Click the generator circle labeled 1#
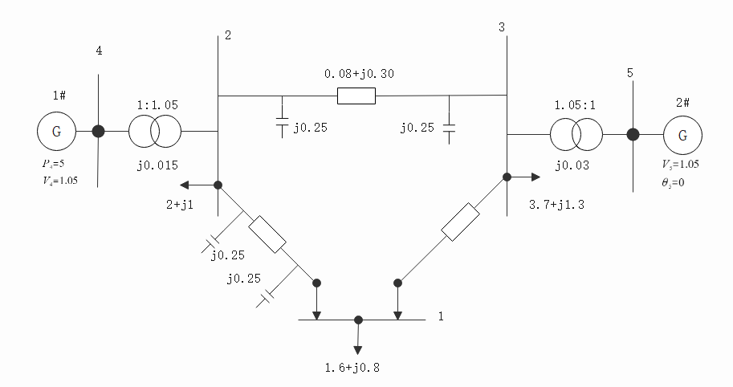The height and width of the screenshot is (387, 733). click(56, 131)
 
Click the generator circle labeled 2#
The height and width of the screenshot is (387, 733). click(682, 134)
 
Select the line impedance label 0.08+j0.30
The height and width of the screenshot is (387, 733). click(358, 74)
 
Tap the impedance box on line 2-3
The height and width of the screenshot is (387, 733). click(356, 96)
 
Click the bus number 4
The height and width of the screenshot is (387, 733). click(99, 51)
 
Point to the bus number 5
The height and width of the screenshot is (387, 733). click(630, 74)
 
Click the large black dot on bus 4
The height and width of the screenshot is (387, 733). click(98, 131)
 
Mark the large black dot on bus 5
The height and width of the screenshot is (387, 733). click(633, 134)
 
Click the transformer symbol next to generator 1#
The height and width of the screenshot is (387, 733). click(155, 131)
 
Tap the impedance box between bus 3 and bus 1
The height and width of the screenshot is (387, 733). click(461, 222)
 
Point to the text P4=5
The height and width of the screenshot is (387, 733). click(55, 164)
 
